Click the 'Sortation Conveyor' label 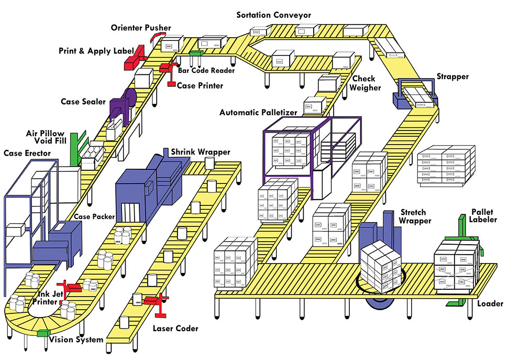pos(273,15)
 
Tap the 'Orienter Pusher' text pos(140,27)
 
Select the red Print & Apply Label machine pos(135,57)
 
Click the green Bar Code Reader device pos(195,53)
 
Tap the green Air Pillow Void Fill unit pos(75,147)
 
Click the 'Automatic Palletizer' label pos(258,112)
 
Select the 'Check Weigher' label pos(365,83)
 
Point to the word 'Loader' pos(490,304)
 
